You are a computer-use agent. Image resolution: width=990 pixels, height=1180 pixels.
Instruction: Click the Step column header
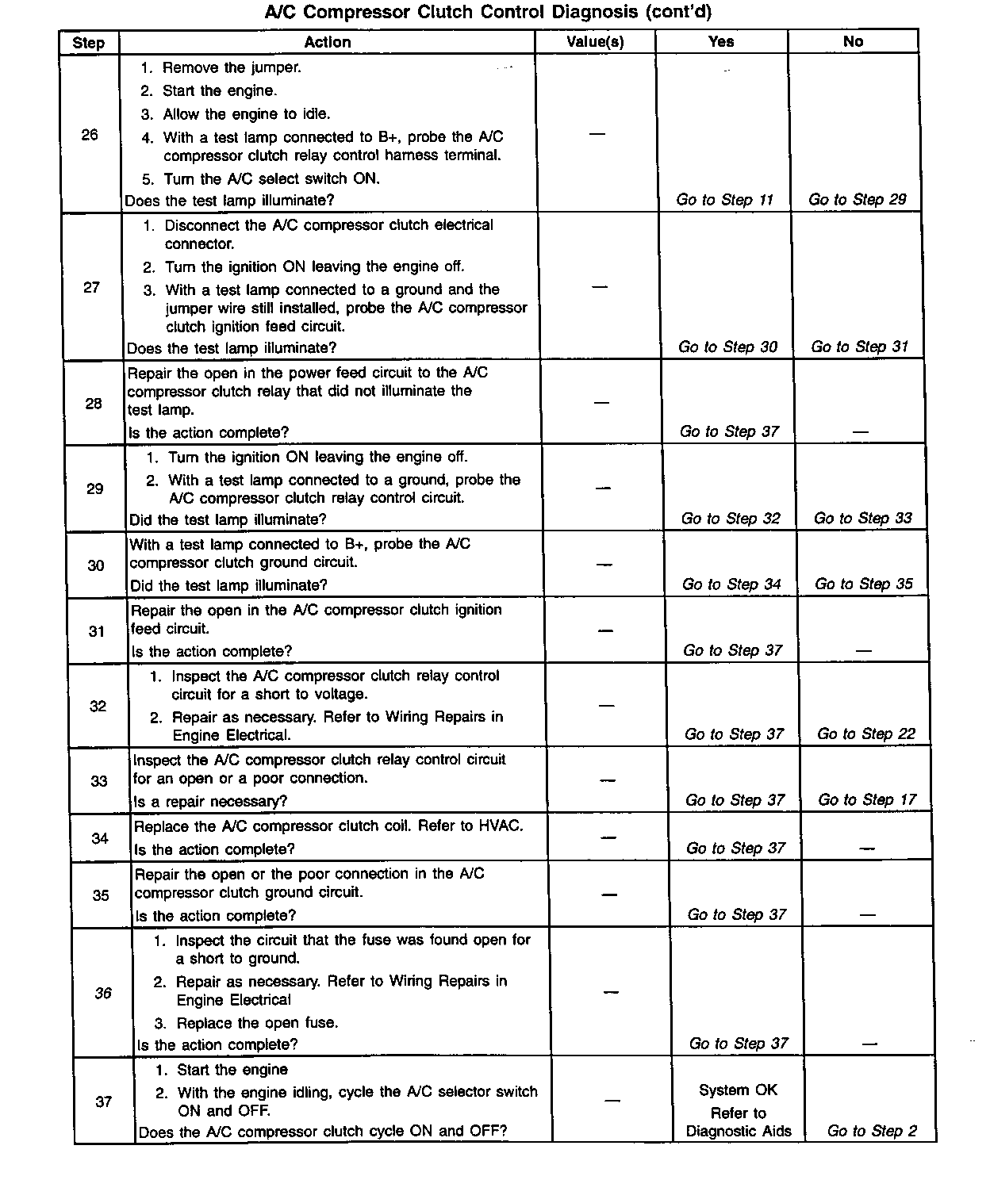(x=88, y=43)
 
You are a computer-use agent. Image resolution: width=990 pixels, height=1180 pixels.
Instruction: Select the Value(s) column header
(x=595, y=42)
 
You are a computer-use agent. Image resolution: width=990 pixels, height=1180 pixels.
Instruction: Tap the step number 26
(x=90, y=135)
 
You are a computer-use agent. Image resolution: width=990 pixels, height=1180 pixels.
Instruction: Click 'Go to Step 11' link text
(x=724, y=200)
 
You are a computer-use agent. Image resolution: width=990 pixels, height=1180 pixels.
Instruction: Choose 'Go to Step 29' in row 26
(x=857, y=200)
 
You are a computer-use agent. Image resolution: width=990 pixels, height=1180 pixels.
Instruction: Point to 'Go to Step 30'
(x=727, y=347)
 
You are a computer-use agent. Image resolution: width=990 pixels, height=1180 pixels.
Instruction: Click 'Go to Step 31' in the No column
(x=859, y=347)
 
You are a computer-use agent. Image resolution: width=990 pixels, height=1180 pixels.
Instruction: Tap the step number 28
(x=94, y=404)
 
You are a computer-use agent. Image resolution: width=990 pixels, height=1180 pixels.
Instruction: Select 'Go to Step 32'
(x=731, y=519)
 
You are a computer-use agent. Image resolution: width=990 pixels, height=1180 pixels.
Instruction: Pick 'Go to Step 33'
(x=862, y=519)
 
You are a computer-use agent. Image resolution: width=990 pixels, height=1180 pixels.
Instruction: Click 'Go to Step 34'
(x=731, y=584)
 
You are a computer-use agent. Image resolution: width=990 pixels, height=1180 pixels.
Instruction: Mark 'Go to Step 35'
(x=864, y=584)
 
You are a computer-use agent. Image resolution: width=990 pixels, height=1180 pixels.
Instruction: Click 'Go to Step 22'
(x=866, y=734)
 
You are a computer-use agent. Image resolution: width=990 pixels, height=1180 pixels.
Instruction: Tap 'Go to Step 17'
(x=867, y=800)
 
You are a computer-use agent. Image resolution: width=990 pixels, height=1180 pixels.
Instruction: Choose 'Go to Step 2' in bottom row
(x=872, y=1132)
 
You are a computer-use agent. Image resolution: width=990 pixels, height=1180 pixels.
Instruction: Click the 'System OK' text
(x=738, y=1090)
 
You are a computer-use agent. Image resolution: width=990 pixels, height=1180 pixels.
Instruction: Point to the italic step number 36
(x=103, y=993)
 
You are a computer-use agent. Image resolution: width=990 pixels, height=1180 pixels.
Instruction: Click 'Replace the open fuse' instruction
(x=257, y=1023)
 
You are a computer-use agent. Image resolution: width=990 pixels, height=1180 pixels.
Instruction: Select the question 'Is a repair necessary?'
(x=210, y=802)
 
